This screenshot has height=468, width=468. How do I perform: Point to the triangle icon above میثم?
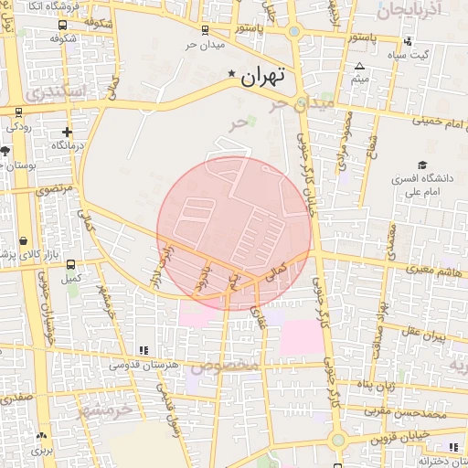[359, 67]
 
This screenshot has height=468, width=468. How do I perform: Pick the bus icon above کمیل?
[71, 264]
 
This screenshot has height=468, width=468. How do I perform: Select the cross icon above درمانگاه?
[67, 131]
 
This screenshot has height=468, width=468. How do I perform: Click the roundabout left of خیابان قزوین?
[338, 440]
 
